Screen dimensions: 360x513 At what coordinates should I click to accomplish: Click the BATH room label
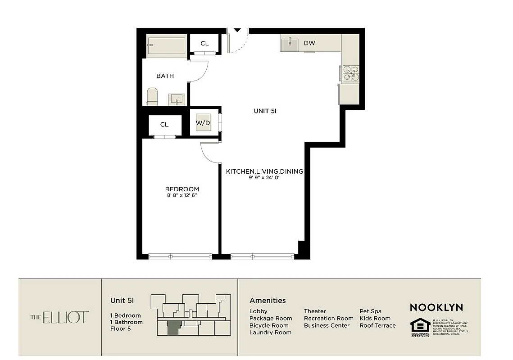(165, 76)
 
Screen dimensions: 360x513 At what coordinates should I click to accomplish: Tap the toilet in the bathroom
(152, 97)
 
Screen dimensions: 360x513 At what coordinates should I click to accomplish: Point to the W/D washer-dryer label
(202, 122)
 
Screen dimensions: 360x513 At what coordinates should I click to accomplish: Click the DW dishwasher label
(309, 43)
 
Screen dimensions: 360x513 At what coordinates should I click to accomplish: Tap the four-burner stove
(350, 73)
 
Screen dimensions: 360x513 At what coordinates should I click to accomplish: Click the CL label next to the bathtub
(204, 44)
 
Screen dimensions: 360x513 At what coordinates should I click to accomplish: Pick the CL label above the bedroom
(164, 125)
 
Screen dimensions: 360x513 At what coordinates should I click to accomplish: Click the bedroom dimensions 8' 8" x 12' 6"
(182, 196)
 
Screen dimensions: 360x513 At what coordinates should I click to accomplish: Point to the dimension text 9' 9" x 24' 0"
(264, 178)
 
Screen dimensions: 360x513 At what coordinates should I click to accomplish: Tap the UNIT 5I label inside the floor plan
(264, 111)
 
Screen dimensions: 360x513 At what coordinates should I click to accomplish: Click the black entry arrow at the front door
(237, 31)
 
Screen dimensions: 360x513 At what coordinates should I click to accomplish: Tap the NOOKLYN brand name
(436, 308)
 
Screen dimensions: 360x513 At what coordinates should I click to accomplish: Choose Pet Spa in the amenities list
(370, 311)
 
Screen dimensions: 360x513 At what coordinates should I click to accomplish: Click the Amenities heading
(268, 301)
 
